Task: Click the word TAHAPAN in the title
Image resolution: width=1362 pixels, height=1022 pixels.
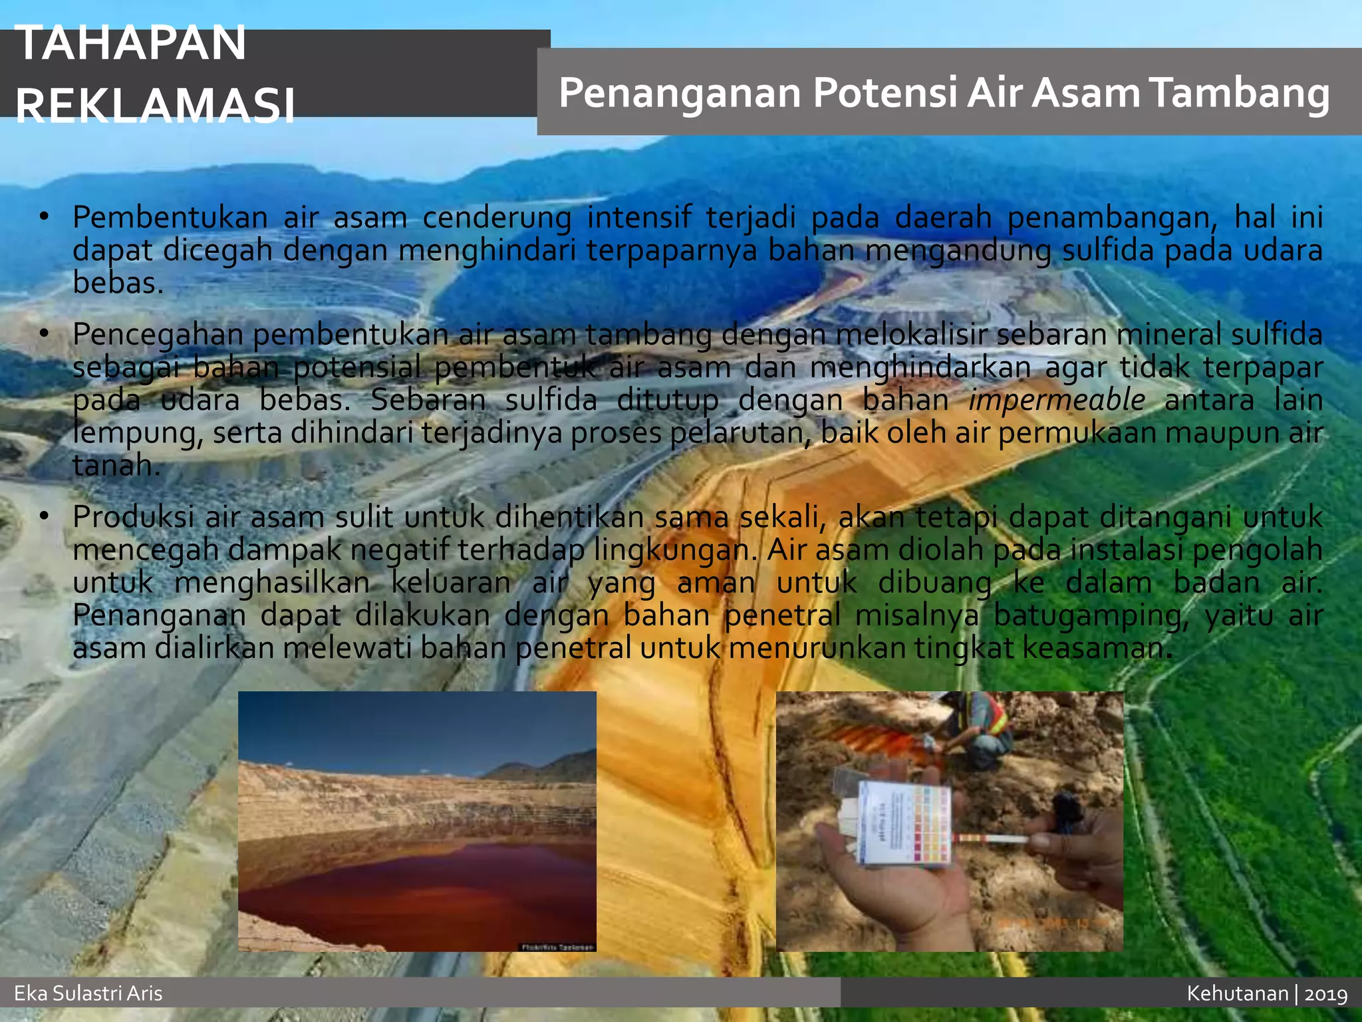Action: tap(130, 43)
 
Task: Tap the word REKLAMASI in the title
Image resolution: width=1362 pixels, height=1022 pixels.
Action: tap(155, 105)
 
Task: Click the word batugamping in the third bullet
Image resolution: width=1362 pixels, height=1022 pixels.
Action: tap(1090, 615)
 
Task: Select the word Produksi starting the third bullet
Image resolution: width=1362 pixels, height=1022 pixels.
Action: tap(133, 517)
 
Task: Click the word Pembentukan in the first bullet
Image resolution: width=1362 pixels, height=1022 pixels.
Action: tap(170, 218)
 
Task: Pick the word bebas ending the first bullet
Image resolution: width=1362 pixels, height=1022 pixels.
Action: tap(118, 283)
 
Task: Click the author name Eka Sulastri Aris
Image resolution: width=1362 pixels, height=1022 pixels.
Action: tap(88, 993)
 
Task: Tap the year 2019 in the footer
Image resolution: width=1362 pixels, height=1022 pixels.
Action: tap(1326, 994)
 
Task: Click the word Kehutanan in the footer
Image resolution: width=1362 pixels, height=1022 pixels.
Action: tap(1238, 993)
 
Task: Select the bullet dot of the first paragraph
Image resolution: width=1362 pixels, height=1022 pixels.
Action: tap(45, 218)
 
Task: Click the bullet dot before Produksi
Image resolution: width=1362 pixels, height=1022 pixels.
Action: tap(45, 517)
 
